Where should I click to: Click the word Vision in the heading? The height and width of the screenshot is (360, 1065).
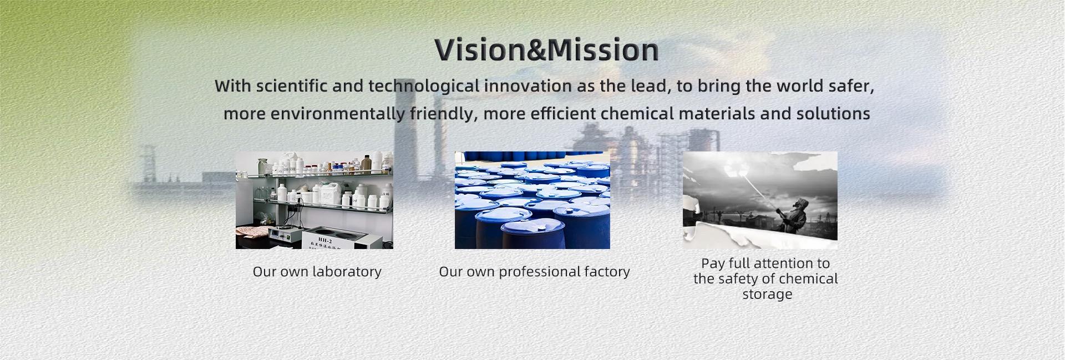pos(480,50)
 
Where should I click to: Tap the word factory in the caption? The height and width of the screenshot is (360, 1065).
pos(607,272)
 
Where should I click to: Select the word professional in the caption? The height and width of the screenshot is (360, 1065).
pos(539,272)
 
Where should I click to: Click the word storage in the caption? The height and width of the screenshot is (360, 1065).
pos(767,295)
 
